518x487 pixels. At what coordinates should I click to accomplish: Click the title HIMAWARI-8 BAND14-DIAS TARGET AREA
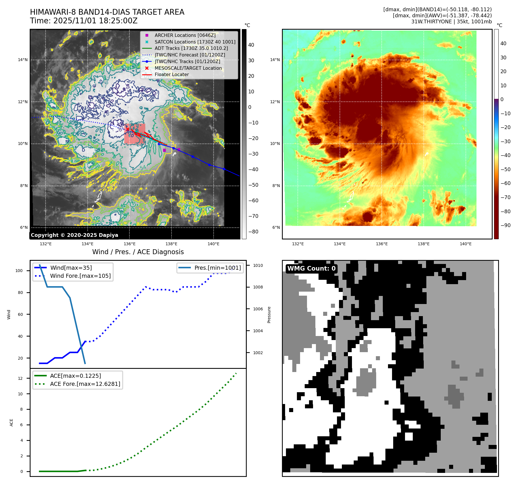tap(107, 12)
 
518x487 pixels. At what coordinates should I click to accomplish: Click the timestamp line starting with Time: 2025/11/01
tap(84, 21)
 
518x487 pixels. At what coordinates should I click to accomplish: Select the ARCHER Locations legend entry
tap(185, 35)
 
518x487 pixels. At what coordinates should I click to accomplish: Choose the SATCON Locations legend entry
tap(195, 42)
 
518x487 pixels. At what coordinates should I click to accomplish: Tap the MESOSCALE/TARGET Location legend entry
tap(188, 68)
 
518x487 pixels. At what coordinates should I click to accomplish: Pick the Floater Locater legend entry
tap(172, 74)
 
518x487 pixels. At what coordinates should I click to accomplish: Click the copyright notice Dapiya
tap(74, 235)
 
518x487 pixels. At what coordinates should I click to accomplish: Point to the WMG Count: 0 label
tap(311, 269)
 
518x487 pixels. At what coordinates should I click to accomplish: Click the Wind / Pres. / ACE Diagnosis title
tap(138, 252)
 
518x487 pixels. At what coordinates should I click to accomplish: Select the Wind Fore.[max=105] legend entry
tap(80, 276)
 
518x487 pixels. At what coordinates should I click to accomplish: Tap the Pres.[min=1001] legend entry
tap(217, 268)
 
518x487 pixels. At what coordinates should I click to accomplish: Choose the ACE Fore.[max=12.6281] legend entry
tap(85, 384)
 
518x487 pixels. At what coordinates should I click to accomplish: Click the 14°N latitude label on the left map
tap(23, 60)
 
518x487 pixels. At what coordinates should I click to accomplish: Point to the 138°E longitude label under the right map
tap(423, 244)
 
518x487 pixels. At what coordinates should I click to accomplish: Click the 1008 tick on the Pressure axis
tap(258, 287)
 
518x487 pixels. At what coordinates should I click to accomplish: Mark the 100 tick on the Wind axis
tap(19, 271)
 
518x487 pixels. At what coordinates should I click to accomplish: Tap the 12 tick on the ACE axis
tap(20, 378)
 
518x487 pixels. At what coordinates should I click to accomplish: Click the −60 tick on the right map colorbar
tap(505, 183)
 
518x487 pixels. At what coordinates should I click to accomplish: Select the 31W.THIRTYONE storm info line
tap(451, 22)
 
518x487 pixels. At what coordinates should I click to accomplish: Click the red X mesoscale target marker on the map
tap(127, 130)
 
